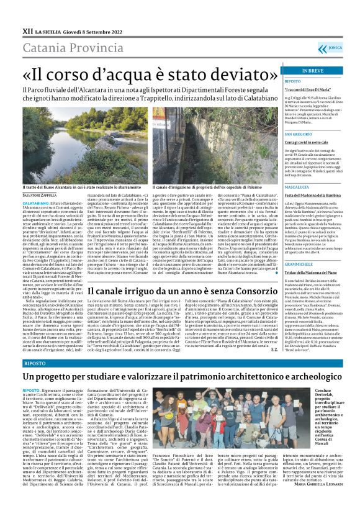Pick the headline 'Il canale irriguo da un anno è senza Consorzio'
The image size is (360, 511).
pos(174,291)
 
